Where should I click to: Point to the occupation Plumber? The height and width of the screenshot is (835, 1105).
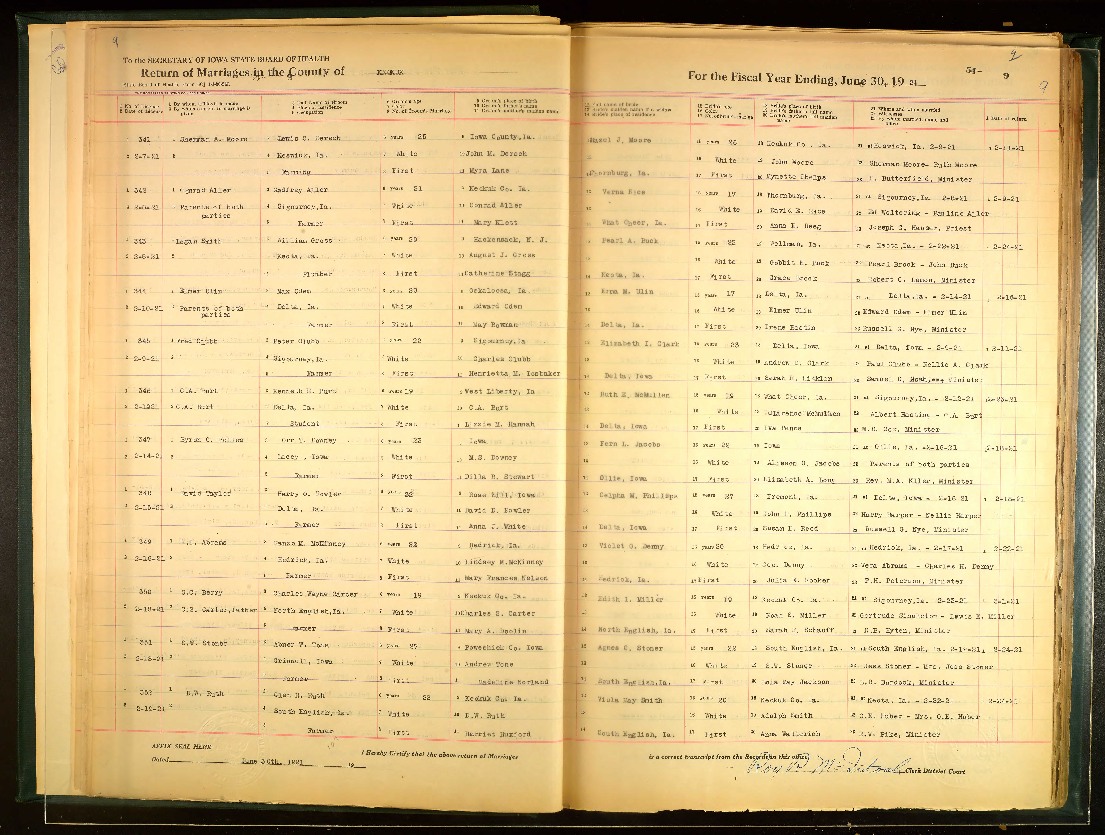click(x=317, y=274)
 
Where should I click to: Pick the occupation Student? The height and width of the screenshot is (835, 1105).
click(x=305, y=424)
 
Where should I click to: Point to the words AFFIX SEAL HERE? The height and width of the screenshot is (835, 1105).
click(x=181, y=747)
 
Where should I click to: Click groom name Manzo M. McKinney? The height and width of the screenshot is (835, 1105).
click(x=309, y=543)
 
